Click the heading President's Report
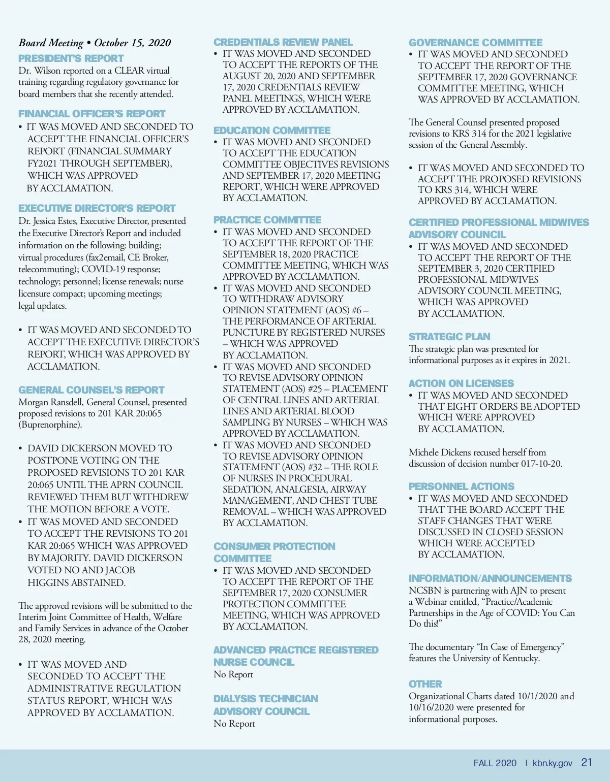click(x=71, y=58)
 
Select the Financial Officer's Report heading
click(x=91, y=114)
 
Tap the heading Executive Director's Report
click(x=97, y=208)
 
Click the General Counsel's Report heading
click(x=91, y=390)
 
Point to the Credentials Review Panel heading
click(x=283, y=42)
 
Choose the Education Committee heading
click(x=271, y=131)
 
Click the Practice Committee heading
click(x=267, y=220)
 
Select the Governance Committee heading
click(x=475, y=43)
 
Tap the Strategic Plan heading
click(x=449, y=337)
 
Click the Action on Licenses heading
click(x=461, y=383)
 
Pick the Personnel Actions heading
click(x=461, y=486)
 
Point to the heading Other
click(x=425, y=684)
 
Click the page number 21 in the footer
click(x=587, y=763)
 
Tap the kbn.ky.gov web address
click(x=552, y=763)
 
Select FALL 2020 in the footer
click(x=495, y=763)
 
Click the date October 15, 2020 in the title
click(x=133, y=43)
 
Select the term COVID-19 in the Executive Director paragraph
click(x=104, y=269)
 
